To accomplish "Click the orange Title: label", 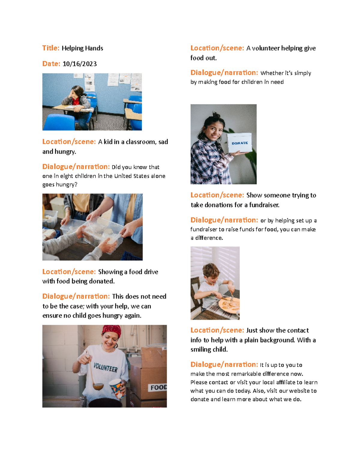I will click(51, 48).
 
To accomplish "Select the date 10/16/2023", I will click(79, 64).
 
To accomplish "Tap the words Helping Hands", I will click(82, 48).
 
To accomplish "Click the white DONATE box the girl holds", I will click(239, 143).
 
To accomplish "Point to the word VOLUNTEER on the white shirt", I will click(106, 367).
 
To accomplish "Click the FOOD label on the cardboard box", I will click(158, 387).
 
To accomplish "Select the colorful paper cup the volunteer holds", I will click(117, 388).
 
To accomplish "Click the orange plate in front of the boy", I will click(229, 305).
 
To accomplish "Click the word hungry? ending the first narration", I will click(60, 185).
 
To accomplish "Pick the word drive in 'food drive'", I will click(151, 272).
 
